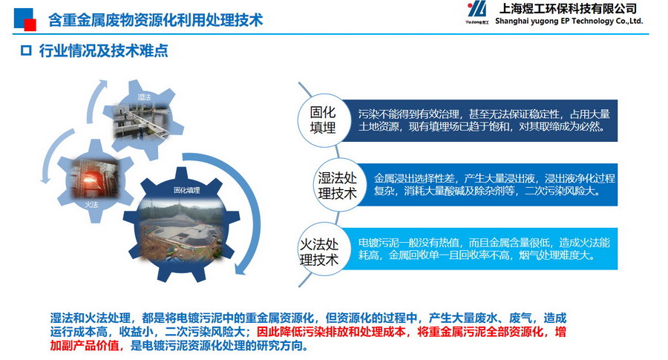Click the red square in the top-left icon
(30, 25)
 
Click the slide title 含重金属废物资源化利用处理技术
(156, 20)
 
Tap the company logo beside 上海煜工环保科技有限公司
(477, 13)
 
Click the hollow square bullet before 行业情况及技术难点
(26, 50)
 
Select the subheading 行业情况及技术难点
(103, 50)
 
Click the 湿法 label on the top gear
(145, 97)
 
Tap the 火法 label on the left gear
(91, 205)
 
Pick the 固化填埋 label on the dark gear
(186, 190)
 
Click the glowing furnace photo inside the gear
(94, 178)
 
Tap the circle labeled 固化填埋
(323, 120)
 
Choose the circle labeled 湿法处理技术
(337, 186)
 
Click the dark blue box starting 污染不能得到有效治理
(480, 120)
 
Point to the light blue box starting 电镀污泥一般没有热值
(480, 249)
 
